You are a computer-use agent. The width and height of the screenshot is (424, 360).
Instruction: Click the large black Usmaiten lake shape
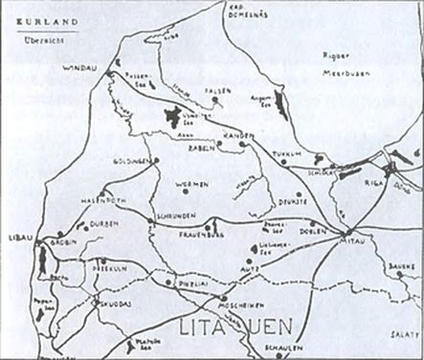[172, 117]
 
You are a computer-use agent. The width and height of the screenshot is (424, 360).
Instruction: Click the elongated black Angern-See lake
[279, 97]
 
